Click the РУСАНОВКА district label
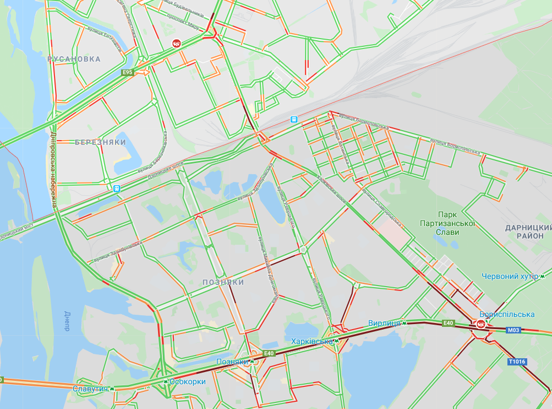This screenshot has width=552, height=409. pyautogui.click(x=74, y=59)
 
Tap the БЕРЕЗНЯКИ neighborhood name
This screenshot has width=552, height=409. pyautogui.click(x=100, y=142)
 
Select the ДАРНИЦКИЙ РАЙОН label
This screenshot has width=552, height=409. pyautogui.click(x=528, y=232)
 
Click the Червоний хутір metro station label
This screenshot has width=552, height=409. pyautogui.click(x=510, y=276)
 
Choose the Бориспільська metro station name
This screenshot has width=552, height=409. pyautogui.click(x=507, y=314)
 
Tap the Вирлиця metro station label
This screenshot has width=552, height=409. pyautogui.click(x=384, y=323)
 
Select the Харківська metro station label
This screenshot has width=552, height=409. pyautogui.click(x=312, y=341)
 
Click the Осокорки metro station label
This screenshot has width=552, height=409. pyautogui.click(x=188, y=381)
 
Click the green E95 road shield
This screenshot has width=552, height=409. pyautogui.click(x=128, y=72)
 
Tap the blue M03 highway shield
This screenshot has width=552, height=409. pyautogui.click(x=513, y=330)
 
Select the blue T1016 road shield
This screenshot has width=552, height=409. pyautogui.click(x=517, y=362)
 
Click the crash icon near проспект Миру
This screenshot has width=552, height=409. pyautogui.click(x=176, y=43)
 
